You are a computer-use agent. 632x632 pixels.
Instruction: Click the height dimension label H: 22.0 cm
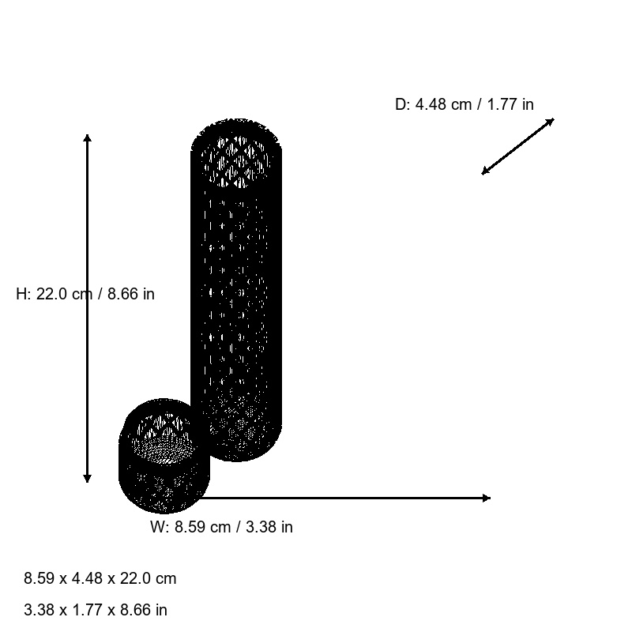(x=85, y=294)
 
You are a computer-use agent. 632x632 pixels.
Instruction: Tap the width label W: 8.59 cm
(x=221, y=527)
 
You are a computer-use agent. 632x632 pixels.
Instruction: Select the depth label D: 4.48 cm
(x=464, y=104)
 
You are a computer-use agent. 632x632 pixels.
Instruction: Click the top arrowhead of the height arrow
(x=87, y=138)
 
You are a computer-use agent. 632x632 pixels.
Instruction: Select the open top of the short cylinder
(x=164, y=434)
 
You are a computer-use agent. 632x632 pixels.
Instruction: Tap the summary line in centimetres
(x=100, y=578)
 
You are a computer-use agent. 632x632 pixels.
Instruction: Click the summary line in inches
(x=96, y=610)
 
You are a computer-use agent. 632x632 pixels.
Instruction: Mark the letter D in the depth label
(x=400, y=104)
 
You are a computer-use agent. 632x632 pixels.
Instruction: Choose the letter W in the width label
(x=157, y=527)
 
